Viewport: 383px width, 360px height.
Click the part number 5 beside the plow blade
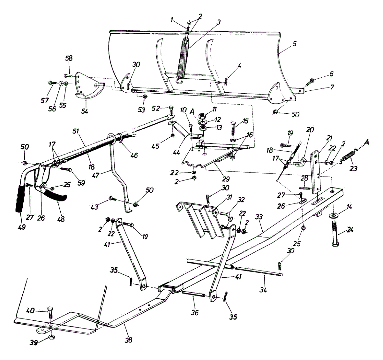tap(294, 44)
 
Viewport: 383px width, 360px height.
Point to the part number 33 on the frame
tap(259, 217)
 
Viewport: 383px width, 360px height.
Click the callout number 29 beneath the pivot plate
tap(225, 179)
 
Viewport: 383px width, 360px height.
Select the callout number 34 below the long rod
tap(263, 289)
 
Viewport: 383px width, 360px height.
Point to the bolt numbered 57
tap(52, 83)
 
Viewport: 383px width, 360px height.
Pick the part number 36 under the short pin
tap(194, 312)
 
